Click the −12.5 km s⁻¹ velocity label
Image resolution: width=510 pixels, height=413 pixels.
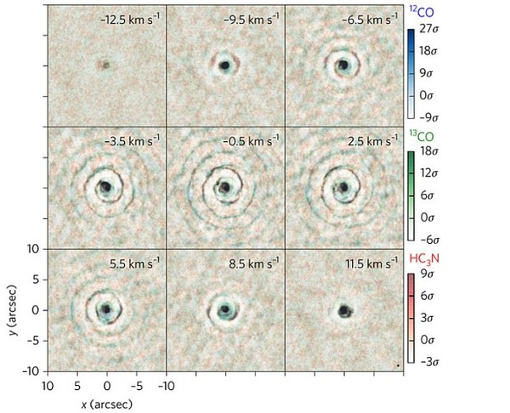[128, 17]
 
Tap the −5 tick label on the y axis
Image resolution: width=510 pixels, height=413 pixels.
[33, 340]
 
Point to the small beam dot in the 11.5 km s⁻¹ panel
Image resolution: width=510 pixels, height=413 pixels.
[397, 365]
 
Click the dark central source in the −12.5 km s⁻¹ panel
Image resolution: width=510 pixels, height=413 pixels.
[105, 64]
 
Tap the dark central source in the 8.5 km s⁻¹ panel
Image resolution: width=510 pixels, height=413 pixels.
[225, 311]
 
